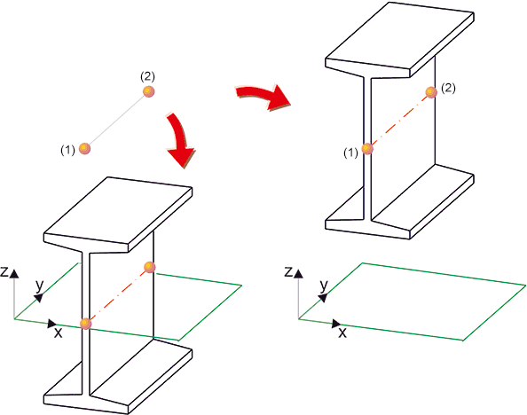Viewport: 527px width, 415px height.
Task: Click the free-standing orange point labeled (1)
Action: pyautogui.click(x=84, y=148)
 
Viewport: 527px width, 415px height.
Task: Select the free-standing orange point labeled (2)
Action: pyautogui.click(x=148, y=91)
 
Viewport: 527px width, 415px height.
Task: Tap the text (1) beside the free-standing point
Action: pyautogui.click(x=67, y=150)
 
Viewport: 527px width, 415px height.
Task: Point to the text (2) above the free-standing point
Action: pyautogui.click(x=147, y=77)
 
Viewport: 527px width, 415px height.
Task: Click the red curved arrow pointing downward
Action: pyautogui.click(x=180, y=140)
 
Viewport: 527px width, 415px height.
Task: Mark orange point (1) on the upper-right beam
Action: pyautogui.click(x=367, y=148)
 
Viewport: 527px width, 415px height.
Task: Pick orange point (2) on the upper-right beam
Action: pyautogui.click(x=431, y=91)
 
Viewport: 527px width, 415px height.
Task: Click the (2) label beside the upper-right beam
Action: pyautogui.click(x=448, y=89)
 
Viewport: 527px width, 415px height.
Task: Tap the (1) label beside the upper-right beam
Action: pyautogui.click(x=350, y=153)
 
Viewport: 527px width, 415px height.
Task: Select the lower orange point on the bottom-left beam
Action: pyautogui.click(x=86, y=324)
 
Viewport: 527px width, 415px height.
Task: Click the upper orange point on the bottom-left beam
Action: pyautogui.click(x=149, y=267)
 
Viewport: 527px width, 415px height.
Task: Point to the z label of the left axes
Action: pyautogui.click(x=4, y=271)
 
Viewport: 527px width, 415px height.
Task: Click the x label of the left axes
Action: pyautogui.click(x=59, y=333)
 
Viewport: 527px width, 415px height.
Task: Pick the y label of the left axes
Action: pyautogui.click(x=40, y=286)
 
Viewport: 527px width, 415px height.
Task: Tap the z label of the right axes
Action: pyautogui.click(x=288, y=271)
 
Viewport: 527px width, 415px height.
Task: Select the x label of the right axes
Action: pyautogui.click(x=342, y=333)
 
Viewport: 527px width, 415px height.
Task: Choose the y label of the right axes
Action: pyautogui.click(x=324, y=286)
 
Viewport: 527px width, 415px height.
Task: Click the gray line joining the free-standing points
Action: pyautogui.click(x=116, y=120)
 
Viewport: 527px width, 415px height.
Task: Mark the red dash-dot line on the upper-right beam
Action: pyautogui.click(x=399, y=120)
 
